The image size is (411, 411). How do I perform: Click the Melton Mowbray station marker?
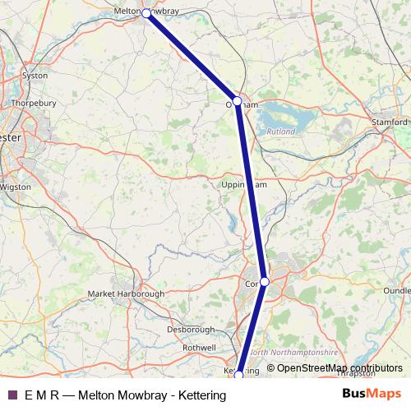click(x=146, y=13)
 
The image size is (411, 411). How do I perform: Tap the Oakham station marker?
click(x=237, y=101)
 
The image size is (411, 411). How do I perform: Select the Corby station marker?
click(x=264, y=281)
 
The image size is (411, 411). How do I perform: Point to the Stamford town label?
click(x=390, y=122)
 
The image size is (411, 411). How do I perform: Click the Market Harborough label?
click(x=127, y=293)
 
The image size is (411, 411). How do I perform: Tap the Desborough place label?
click(x=190, y=330)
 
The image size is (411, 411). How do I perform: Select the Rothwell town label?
click(x=199, y=348)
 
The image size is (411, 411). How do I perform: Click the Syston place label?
click(x=35, y=75)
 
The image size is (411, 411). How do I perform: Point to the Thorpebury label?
click(x=34, y=104)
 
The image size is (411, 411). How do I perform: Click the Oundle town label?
click(x=396, y=290)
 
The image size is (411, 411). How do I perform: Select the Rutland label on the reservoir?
click(x=280, y=131)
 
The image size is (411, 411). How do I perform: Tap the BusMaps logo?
click(x=372, y=394)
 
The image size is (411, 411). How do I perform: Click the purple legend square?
click(x=12, y=395)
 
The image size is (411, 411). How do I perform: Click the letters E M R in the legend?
click(x=42, y=395)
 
